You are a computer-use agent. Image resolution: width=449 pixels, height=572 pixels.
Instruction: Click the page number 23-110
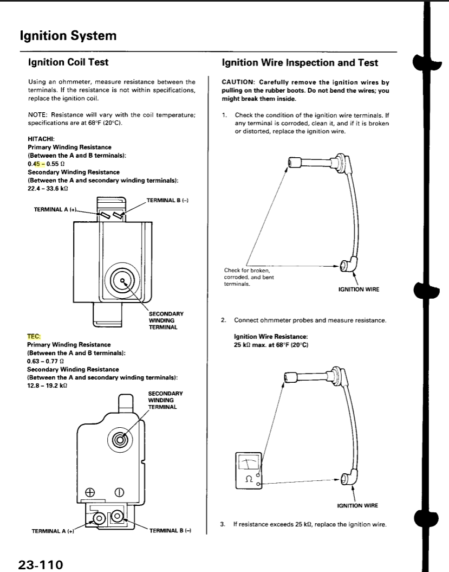[x=41, y=564]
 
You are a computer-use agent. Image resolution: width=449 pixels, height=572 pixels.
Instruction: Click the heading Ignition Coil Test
[x=68, y=62]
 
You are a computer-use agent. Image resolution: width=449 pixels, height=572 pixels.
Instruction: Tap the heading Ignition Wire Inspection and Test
[x=300, y=62]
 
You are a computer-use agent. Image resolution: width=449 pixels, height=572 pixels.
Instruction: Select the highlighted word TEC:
[x=34, y=336]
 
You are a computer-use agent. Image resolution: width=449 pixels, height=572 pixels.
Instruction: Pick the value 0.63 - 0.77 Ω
[x=45, y=361]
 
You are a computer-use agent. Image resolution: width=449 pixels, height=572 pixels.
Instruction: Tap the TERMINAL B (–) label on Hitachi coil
[x=167, y=201]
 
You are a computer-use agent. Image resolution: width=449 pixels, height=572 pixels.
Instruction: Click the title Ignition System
[x=68, y=36]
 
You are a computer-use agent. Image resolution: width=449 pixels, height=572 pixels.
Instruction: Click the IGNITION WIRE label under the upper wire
[x=359, y=290]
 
